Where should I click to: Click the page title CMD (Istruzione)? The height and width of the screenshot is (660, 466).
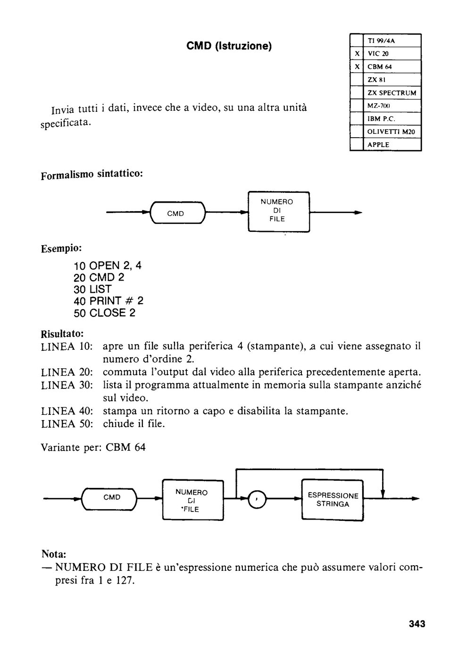[229, 46]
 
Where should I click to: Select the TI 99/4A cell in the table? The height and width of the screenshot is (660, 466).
[392, 41]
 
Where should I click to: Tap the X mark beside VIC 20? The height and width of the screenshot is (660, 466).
[357, 54]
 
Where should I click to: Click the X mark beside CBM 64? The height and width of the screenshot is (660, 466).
[357, 66]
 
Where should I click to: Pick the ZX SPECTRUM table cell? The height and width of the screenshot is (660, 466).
[392, 93]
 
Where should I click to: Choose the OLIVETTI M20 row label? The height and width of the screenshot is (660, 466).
[391, 132]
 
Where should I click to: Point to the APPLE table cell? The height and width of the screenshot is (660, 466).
[392, 145]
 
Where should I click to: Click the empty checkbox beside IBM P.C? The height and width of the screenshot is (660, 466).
[357, 119]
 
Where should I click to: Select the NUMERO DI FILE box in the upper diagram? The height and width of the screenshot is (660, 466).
[279, 212]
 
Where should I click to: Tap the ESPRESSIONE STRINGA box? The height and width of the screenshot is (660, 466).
[333, 500]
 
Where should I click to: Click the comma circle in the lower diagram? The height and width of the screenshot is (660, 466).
[257, 499]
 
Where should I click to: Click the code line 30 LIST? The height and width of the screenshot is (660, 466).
[92, 289]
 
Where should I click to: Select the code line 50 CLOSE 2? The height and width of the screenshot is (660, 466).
[104, 313]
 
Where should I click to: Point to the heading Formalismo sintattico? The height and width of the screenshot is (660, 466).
[92, 174]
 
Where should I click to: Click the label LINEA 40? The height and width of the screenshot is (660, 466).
[67, 411]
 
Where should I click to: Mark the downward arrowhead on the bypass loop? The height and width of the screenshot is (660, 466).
[383, 494]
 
